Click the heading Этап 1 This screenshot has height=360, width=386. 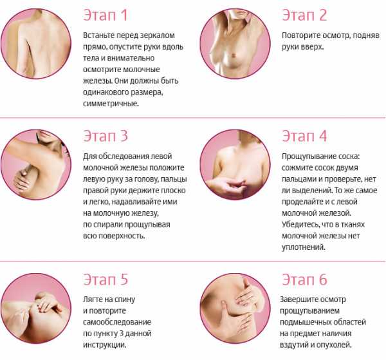point(106,15)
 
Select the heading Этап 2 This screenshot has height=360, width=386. point(304,15)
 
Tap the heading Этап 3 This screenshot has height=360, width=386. point(106,136)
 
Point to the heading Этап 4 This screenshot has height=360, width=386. point(304,136)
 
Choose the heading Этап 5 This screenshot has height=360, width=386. point(106,279)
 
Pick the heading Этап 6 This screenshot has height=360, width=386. point(304,279)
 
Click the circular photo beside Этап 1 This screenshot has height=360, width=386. point(36,44)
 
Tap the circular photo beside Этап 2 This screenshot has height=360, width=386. point(235,44)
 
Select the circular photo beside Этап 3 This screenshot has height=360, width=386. point(36,165)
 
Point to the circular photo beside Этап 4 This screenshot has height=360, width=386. point(235,165)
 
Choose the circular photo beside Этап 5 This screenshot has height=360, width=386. point(36,308)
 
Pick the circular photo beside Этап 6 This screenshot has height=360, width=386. point(235,308)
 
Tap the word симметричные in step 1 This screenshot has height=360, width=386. point(111,104)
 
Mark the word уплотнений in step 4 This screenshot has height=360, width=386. point(304,247)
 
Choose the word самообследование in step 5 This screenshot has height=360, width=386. point(117,322)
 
